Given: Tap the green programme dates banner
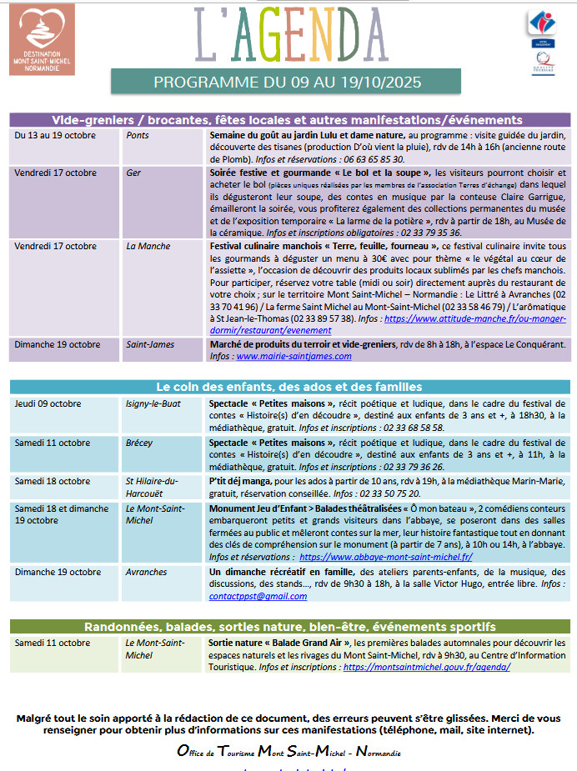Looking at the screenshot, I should click(x=287, y=83).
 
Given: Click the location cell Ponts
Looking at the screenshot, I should click(x=138, y=135).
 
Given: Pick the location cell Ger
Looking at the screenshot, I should click(x=133, y=173).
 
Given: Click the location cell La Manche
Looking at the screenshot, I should click(x=148, y=247).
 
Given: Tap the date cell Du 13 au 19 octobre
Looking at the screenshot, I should click(x=55, y=135).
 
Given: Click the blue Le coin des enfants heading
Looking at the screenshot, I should click(x=288, y=387).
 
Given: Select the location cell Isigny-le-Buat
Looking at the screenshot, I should click(x=154, y=404).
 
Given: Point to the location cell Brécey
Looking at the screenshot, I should click(x=139, y=443).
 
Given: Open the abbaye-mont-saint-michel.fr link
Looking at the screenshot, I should click(x=386, y=557).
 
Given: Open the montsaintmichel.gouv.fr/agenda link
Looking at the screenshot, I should click(x=426, y=668).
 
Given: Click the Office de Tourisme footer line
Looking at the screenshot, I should click(x=288, y=751).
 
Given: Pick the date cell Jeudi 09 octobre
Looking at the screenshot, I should click(x=48, y=404).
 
